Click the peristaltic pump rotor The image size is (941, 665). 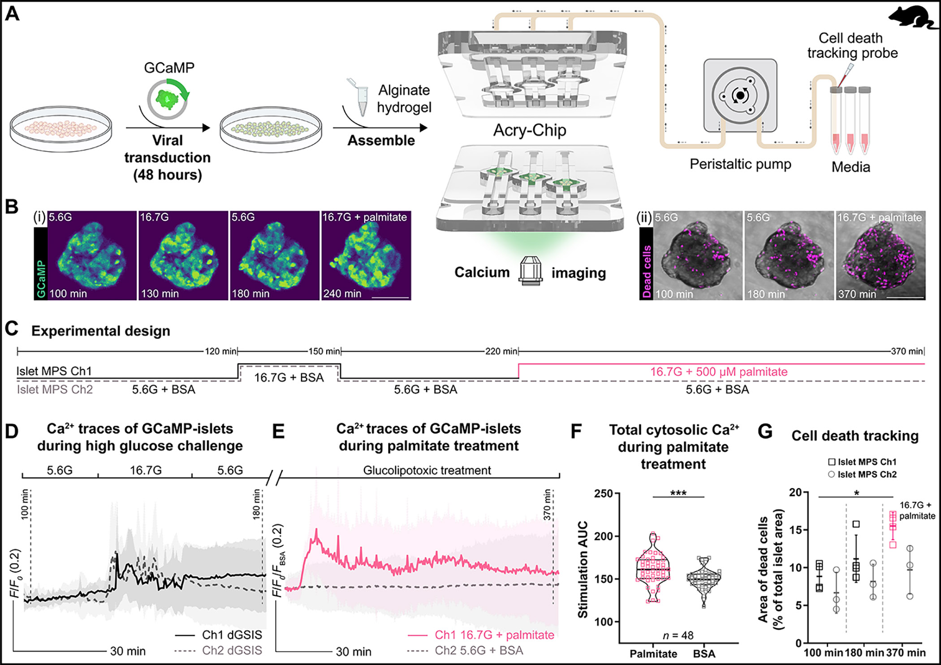pos(739,95)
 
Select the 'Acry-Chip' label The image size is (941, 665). pos(529,130)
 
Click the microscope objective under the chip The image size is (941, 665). pos(530,270)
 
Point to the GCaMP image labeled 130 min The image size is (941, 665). pos(183,255)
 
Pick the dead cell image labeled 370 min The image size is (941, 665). pos(880,255)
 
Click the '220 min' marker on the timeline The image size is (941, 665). pos(501,351)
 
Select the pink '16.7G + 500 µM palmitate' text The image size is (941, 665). pos(718,372)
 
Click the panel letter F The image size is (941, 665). pos(575,432)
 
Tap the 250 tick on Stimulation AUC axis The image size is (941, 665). pos(603,494)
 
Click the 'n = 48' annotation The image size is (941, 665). pos(678,635)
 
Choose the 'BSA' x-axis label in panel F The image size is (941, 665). pos(704,654)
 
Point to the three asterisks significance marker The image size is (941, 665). pos(678,493)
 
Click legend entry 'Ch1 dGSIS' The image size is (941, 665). pos(231,635)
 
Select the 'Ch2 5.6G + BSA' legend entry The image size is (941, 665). pos(479,650)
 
